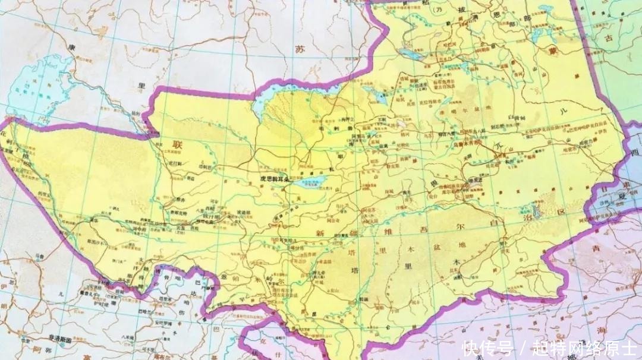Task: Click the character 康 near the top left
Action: tap(73, 47)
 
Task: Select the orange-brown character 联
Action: tap(177, 144)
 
